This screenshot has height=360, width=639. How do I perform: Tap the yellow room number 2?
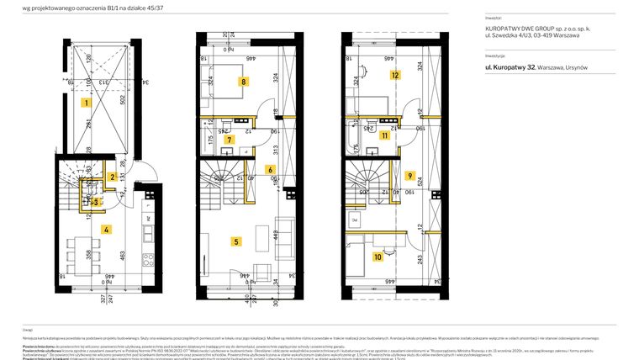112,177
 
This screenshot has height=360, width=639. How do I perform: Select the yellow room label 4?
106,229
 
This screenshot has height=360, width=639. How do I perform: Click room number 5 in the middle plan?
236,241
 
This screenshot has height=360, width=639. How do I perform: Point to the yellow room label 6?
269,170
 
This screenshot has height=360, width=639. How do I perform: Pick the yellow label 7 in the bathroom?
230,140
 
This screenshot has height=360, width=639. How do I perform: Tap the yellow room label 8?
243,82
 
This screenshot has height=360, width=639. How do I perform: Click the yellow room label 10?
378,257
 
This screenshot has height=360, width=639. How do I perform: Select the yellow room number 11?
384,135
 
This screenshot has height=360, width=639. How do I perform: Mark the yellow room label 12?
393,74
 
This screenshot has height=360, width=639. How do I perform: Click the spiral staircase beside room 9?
367,183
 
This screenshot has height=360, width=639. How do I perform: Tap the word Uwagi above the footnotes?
28,330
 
